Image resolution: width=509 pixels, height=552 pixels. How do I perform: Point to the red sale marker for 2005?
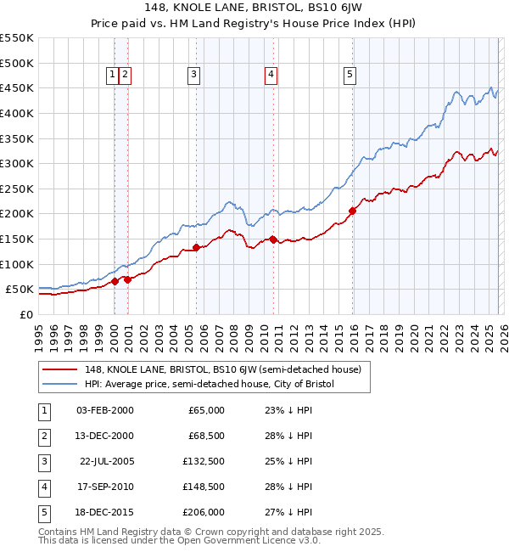[196, 247]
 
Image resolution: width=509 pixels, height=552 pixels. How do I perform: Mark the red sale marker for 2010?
[273, 239]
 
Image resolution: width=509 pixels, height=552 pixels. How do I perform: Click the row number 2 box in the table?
[43, 435]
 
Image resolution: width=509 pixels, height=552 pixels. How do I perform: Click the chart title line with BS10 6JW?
[254, 10]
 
